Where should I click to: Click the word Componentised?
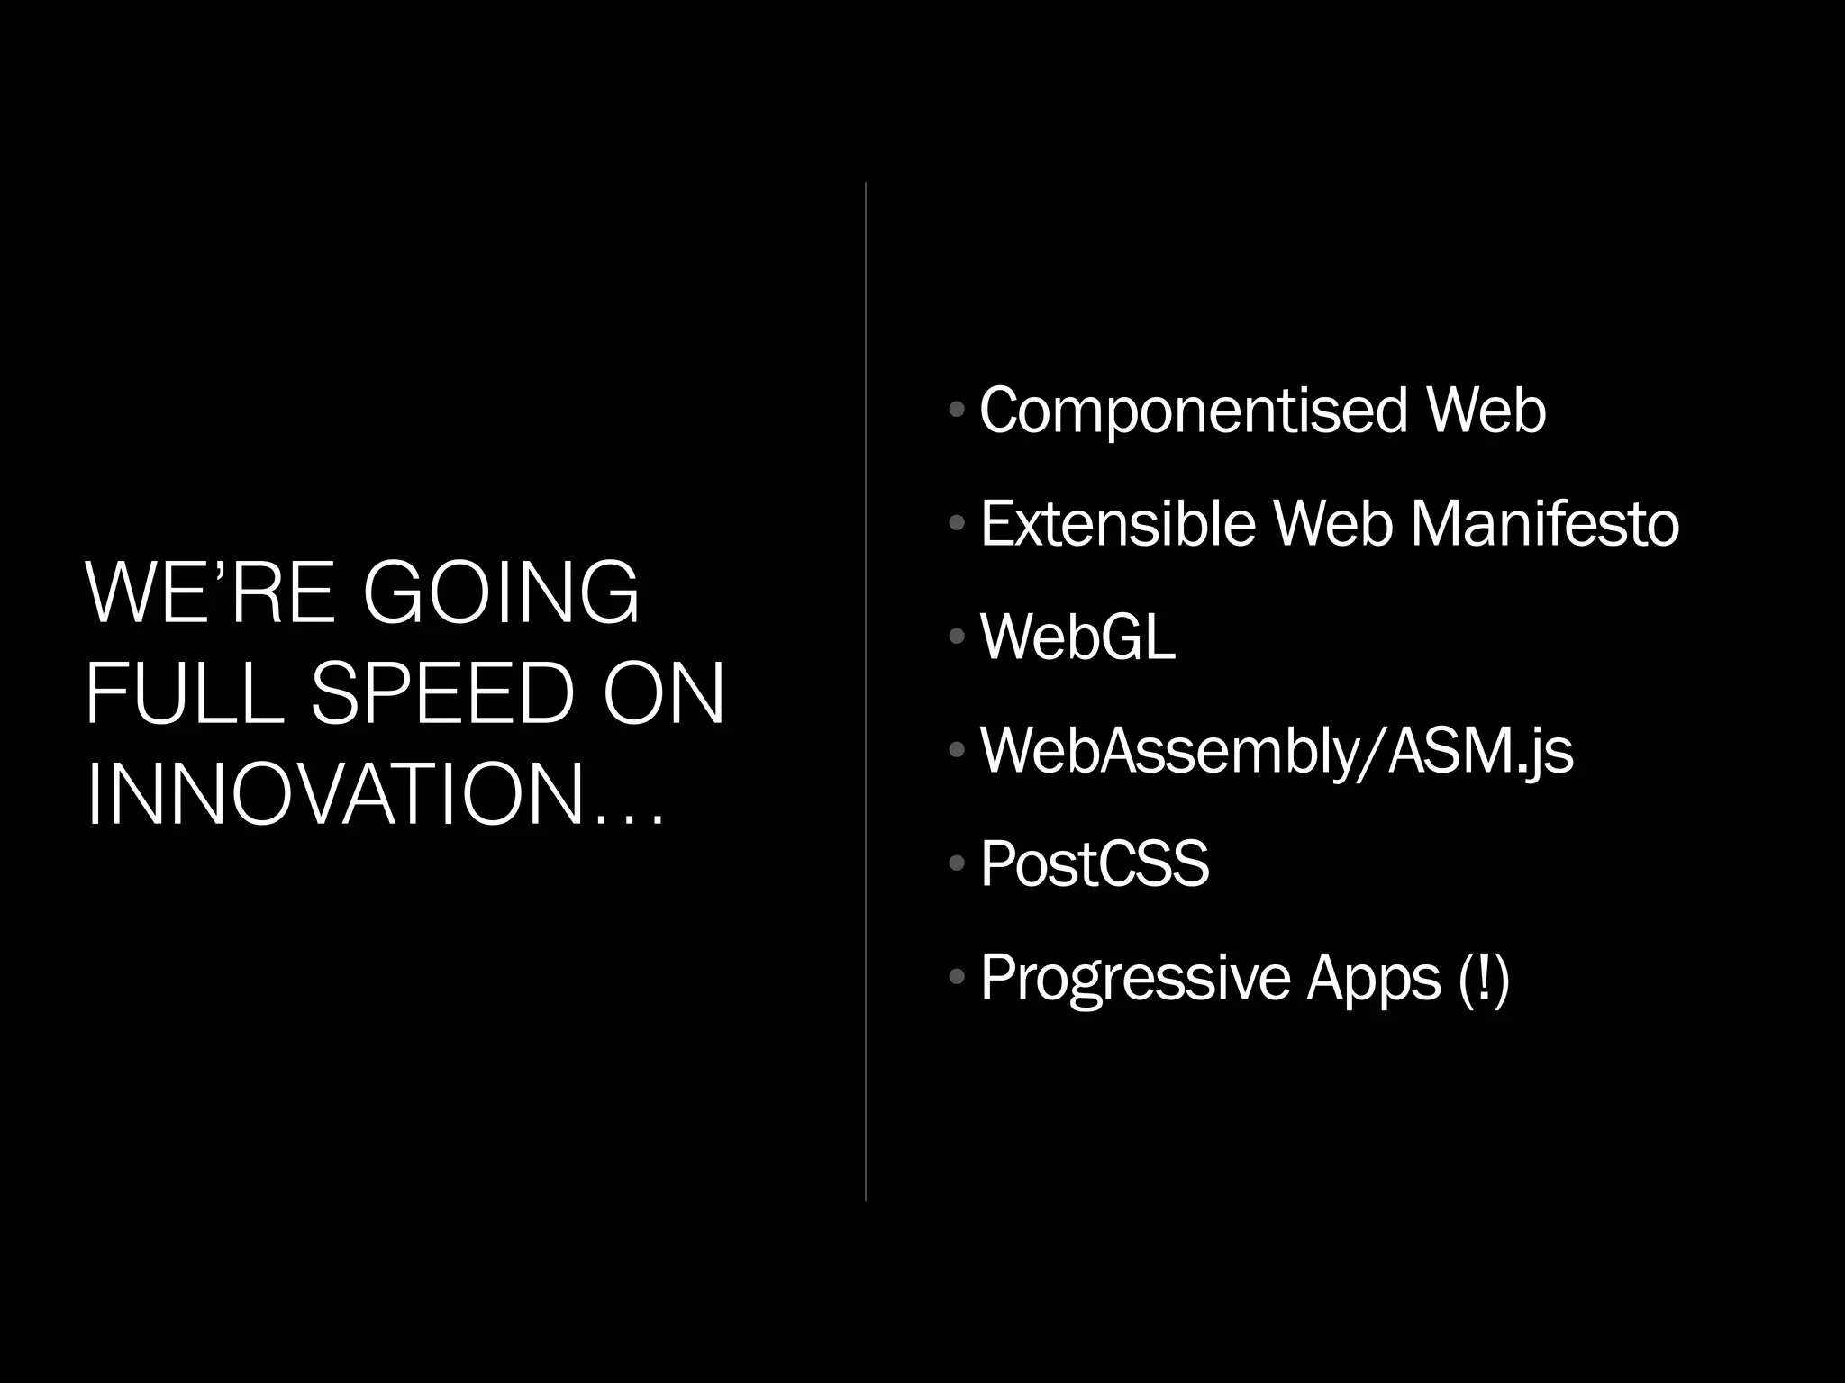1193,411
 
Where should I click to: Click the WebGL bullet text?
1077,637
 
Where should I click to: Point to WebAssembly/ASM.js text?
1276,750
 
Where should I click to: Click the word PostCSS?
1094,863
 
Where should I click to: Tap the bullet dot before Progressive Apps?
957,977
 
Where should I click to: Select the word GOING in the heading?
501,592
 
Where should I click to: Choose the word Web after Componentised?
1486,411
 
